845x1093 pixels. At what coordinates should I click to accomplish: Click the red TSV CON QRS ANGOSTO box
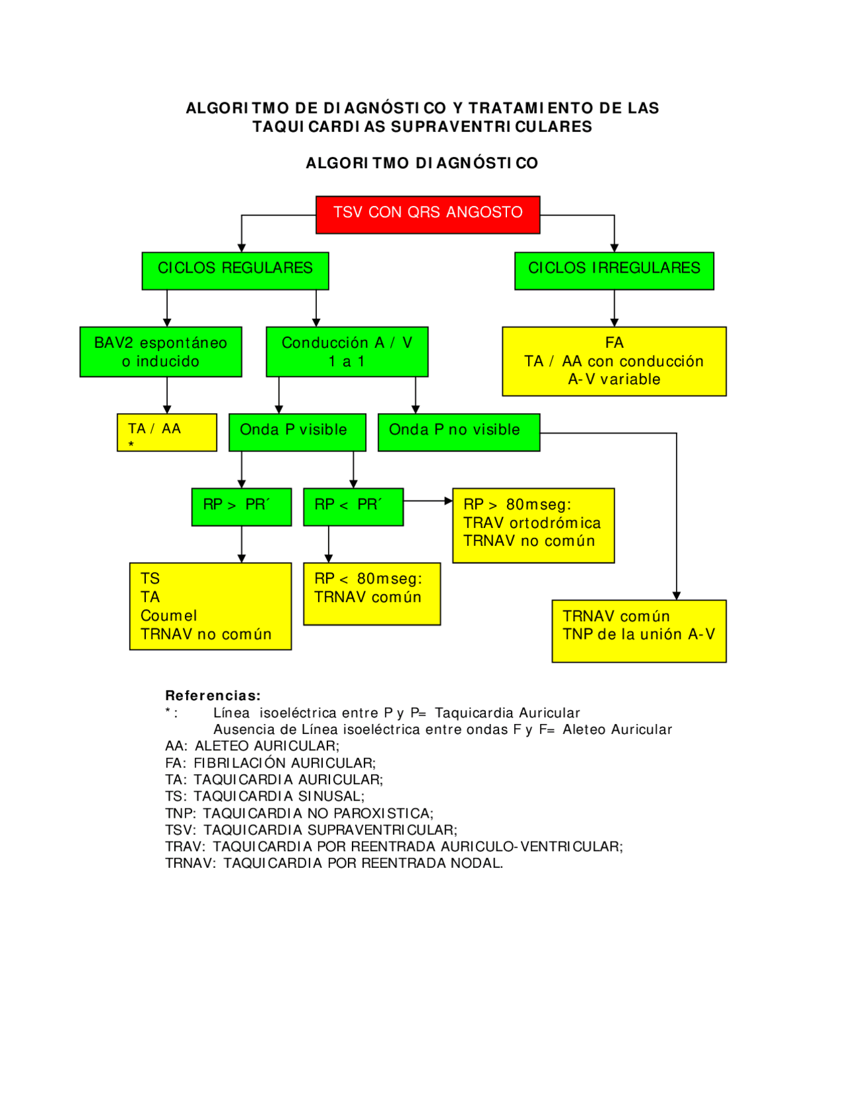tap(428, 215)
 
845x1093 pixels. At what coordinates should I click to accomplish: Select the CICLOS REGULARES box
tap(235, 271)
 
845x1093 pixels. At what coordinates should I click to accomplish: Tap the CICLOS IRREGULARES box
tap(614, 271)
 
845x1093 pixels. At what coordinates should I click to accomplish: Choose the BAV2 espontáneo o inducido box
tap(160, 352)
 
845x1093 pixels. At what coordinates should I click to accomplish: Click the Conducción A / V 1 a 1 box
tap(347, 352)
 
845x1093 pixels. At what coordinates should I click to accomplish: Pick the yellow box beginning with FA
tap(614, 361)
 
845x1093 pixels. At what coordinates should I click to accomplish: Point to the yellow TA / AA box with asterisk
tap(167, 432)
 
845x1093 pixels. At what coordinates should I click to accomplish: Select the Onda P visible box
tap(297, 432)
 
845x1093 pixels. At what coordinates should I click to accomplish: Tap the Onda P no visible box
tap(459, 432)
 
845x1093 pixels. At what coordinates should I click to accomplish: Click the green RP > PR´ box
tap(241, 507)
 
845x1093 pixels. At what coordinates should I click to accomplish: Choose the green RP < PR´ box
tap(353, 507)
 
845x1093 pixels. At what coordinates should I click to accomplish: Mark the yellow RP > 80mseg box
tap(533, 525)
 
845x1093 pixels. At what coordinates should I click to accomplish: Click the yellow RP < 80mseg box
tap(372, 593)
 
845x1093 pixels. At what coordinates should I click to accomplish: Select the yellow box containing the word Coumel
tap(210, 606)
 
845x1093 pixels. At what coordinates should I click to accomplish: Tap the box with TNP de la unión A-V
tap(639, 631)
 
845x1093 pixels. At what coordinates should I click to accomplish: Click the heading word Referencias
tap(213, 696)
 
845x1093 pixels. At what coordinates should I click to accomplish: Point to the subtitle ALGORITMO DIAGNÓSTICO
tap(422, 163)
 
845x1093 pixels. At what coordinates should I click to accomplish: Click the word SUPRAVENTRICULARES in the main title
tap(491, 127)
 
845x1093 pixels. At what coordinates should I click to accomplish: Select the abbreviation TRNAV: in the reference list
tap(190, 863)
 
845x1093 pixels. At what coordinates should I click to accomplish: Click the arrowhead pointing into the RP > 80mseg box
tap(449, 501)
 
